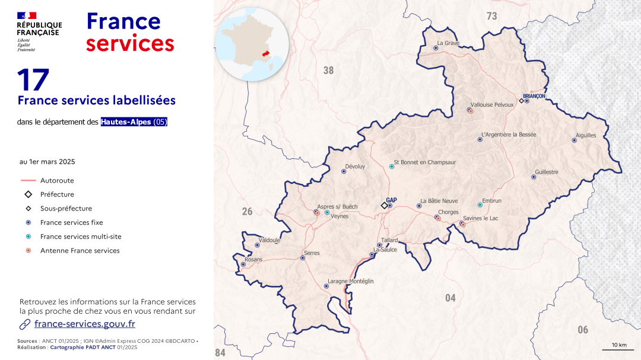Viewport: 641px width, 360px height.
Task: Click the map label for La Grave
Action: [x=448, y=43]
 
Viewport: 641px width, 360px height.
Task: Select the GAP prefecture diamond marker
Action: [x=384, y=206]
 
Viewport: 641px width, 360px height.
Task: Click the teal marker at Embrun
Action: [x=480, y=205]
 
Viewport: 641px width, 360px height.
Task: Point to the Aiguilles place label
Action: [x=586, y=135]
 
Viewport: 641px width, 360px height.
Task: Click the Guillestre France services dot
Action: [x=534, y=177]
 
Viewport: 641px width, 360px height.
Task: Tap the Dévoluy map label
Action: [x=354, y=167]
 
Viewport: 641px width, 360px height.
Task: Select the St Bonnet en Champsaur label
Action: [x=425, y=162]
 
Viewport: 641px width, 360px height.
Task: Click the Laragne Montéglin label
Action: [x=351, y=281]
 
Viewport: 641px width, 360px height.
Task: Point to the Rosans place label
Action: [x=253, y=260]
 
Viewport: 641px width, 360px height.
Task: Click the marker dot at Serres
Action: [x=303, y=258]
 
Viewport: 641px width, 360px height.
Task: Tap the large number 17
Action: [x=33, y=80]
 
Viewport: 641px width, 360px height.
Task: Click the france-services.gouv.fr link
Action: [x=85, y=324]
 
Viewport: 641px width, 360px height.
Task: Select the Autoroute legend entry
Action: [x=57, y=180]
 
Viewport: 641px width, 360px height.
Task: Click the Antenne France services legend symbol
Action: [x=28, y=251]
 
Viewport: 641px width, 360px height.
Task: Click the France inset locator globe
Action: [x=252, y=44]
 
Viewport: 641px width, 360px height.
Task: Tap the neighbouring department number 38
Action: [x=328, y=71]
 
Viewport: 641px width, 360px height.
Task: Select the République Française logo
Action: [x=39, y=31]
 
